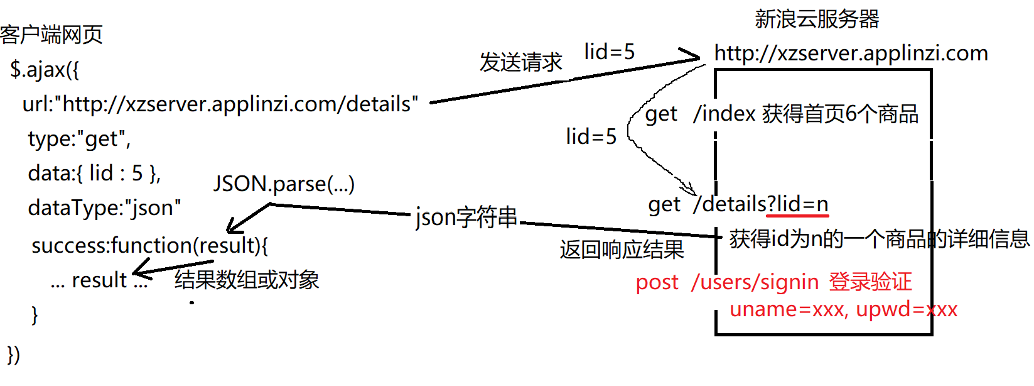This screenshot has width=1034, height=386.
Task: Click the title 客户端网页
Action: (51, 35)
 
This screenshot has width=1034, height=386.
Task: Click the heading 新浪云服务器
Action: (817, 19)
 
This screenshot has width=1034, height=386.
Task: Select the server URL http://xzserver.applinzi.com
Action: (851, 53)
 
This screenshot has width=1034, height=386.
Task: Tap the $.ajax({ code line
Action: (45, 69)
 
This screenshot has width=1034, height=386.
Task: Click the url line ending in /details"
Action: (220, 104)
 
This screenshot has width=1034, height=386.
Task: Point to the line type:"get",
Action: (79, 138)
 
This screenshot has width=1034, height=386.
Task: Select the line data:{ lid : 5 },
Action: (94, 173)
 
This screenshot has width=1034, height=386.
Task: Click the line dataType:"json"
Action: (104, 207)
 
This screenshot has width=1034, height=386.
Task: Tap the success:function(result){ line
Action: (149, 245)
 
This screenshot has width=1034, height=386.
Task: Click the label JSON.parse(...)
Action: (284, 184)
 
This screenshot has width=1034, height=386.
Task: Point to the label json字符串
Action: (466, 218)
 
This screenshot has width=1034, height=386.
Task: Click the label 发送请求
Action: (521, 62)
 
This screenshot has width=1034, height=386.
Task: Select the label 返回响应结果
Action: (622, 250)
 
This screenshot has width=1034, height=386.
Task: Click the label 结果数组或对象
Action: (247, 280)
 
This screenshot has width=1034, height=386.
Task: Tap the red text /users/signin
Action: (755, 282)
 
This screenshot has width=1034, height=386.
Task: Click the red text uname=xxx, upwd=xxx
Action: (843, 309)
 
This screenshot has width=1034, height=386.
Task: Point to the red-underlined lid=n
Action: (802, 204)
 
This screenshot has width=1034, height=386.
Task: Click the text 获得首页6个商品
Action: (841, 114)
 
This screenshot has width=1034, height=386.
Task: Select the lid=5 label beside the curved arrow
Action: (591, 136)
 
